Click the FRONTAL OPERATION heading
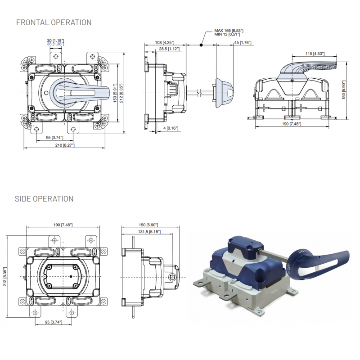click(x=54, y=22)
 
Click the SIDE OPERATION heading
click(x=44, y=198)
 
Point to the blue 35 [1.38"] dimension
click(x=55, y=44)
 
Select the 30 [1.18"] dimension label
click(x=55, y=40)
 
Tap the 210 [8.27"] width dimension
click(x=64, y=145)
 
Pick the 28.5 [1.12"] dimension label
click(x=169, y=49)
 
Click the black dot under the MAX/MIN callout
click(x=201, y=45)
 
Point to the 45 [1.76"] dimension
click(x=243, y=43)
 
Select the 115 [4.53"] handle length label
click(x=314, y=54)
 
